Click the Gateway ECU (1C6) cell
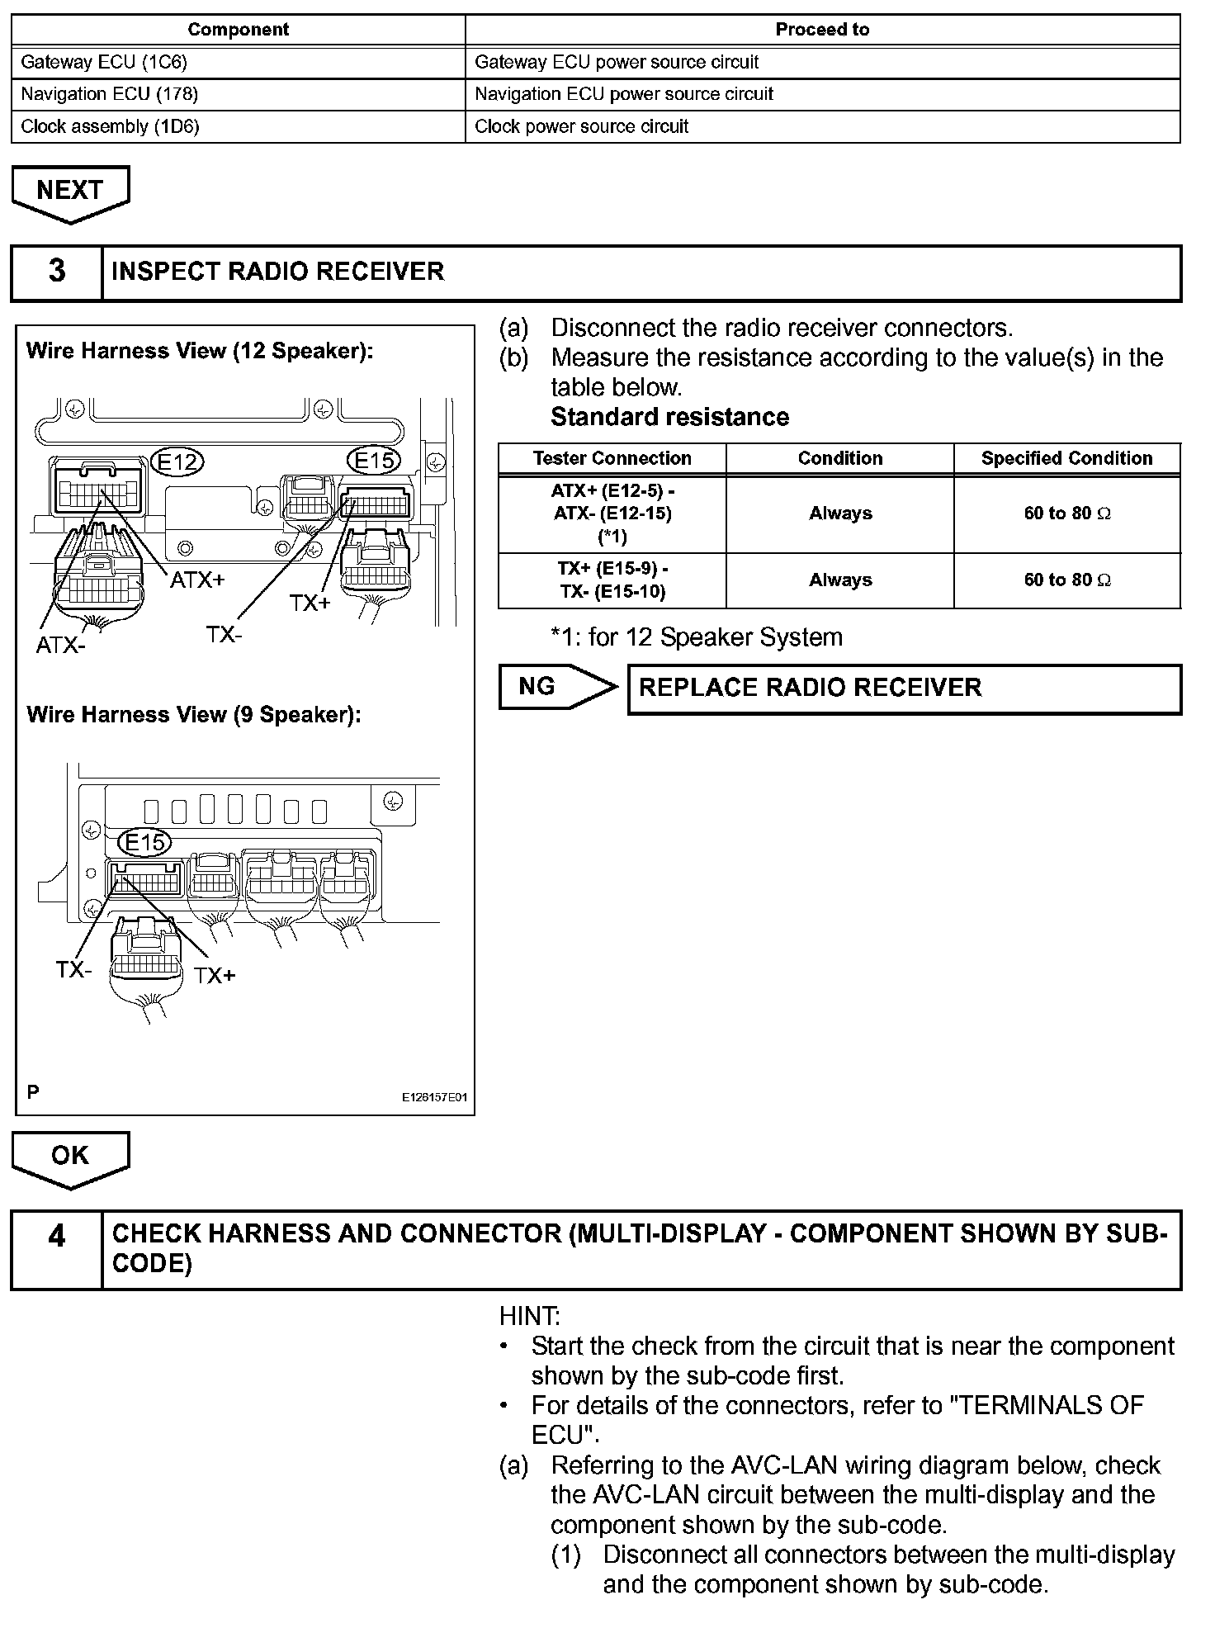238,62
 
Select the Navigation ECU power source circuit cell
822,94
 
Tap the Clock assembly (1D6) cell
238,126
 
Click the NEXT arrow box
70,192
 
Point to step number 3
57,272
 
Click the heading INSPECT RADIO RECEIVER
278,272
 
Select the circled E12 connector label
178,461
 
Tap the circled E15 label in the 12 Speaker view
376,460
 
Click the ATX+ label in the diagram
197,580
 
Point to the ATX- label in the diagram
60,645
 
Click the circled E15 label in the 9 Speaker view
145,842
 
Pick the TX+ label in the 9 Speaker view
215,976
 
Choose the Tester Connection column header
612,458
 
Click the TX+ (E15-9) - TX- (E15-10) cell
612,580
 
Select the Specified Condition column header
1066,458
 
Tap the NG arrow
555,687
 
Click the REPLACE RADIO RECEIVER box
904,689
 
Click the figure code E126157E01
434,1097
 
